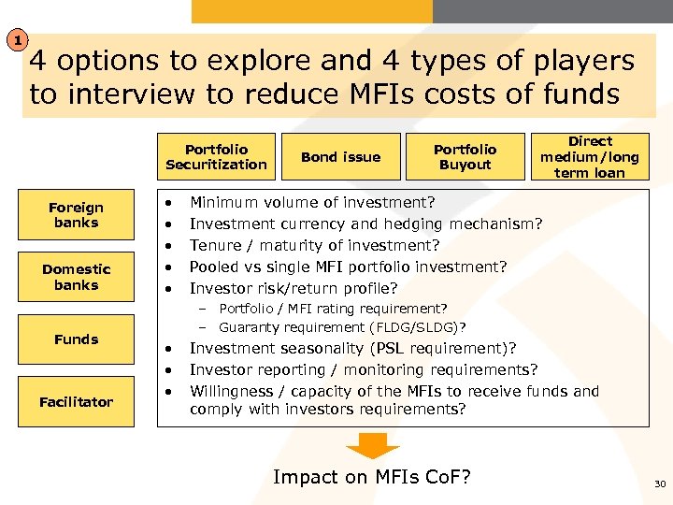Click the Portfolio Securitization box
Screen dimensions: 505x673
tap(216, 157)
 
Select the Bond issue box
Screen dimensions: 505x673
tap(340, 157)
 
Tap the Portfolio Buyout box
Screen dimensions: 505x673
tap(465, 157)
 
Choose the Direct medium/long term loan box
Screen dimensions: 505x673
tap(589, 156)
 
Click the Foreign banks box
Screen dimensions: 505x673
tap(77, 215)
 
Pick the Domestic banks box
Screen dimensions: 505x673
tap(77, 277)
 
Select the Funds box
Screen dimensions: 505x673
tap(77, 339)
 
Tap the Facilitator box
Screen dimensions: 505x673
tap(77, 402)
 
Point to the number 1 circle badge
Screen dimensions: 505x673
tap(16, 40)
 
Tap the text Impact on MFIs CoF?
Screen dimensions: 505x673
tap(371, 477)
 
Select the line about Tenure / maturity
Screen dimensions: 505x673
tap(314, 245)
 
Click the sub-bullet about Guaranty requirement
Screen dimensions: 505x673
tap(342, 327)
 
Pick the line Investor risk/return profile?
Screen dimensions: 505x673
tap(294, 288)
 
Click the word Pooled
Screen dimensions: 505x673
tap(214, 267)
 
